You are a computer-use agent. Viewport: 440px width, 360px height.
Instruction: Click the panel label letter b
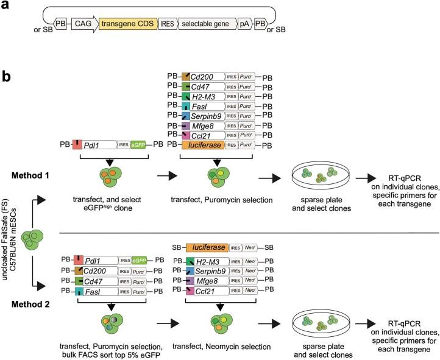tap(7, 60)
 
